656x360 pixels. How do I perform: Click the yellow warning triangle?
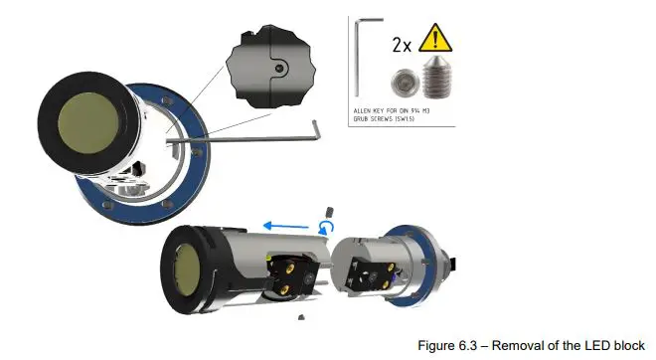tap(433, 41)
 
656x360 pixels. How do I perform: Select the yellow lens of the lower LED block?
tap(184, 268)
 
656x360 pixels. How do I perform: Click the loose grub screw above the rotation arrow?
tap(327, 210)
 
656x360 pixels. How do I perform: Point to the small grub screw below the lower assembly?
tap(300, 318)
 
